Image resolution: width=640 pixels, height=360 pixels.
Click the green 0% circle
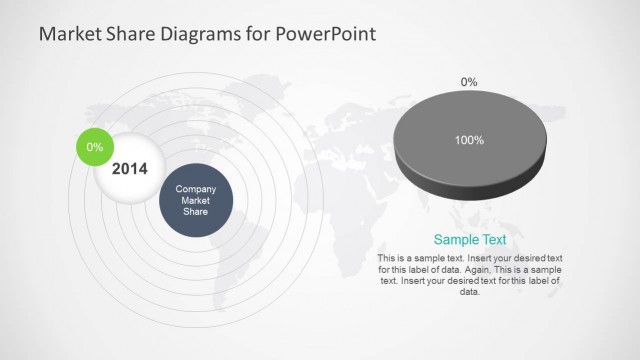click(x=95, y=148)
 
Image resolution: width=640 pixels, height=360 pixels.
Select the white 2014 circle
click(x=129, y=169)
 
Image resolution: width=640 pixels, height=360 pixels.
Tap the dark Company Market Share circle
click(x=196, y=200)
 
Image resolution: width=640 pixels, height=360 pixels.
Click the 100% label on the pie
click(x=469, y=141)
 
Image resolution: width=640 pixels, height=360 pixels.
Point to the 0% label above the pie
click(x=468, y=81)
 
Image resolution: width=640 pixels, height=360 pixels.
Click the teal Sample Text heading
click(x=469, y=240)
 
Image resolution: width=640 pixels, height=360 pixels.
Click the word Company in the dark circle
click(x=196, y=189)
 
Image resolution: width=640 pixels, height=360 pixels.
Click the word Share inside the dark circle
click(x=196, y=211)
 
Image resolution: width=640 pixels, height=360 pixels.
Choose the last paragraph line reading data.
click(x=469, y=292)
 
